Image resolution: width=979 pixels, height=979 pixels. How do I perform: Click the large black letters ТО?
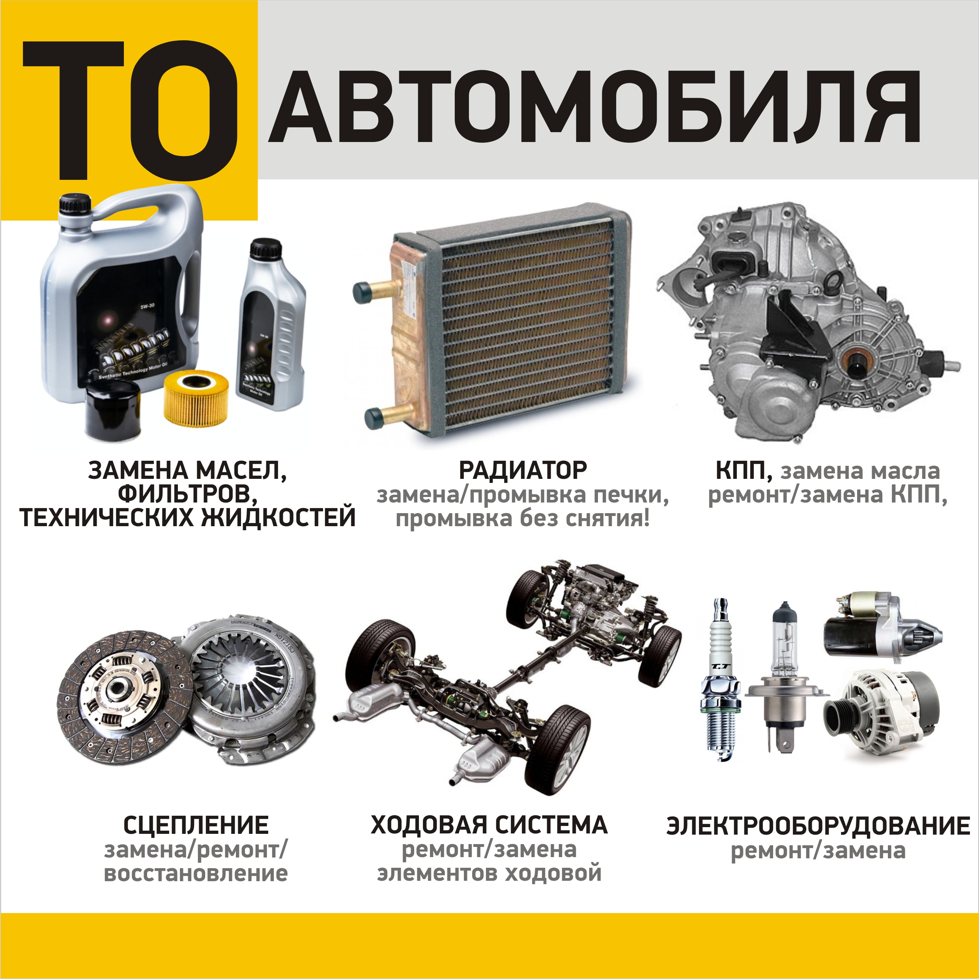click(x=130, y=110)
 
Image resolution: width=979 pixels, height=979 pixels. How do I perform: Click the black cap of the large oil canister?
click(x=75, y=204)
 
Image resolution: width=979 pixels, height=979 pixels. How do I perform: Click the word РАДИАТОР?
click(x=523, y=470)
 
